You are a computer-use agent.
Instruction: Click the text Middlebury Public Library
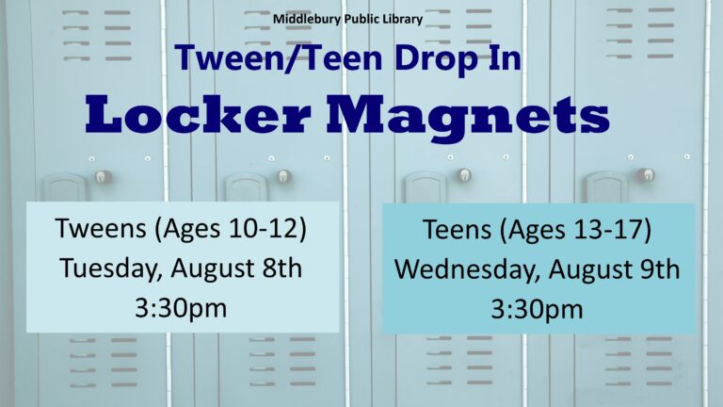[347, 20]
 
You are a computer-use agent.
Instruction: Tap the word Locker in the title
[199, 115]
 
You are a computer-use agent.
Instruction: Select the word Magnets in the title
[468, 119]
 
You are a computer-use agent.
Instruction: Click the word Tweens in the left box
[101, 228]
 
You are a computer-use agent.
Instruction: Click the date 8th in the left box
[281, 269]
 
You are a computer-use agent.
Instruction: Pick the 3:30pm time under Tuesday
[181, 308]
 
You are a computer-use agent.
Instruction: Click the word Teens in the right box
[457, 229]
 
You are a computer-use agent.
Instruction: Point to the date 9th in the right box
[660, 269]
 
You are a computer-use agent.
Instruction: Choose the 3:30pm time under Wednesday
[537, 310]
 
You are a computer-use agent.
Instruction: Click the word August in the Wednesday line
[589, 271]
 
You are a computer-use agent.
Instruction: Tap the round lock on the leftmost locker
[103, 176]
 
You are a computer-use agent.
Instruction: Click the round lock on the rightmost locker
[647, 175]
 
